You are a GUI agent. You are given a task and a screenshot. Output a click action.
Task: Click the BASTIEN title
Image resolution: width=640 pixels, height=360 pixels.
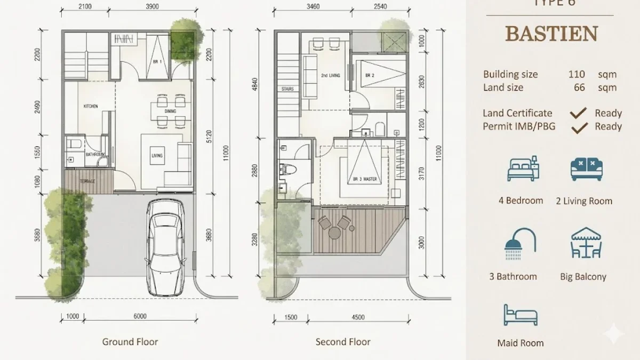coord(551,34)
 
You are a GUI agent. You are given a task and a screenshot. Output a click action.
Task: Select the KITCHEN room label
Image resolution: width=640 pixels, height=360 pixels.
coord(91,107)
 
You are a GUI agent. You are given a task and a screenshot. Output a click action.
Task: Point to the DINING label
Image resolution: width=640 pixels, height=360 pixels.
coord(170,111)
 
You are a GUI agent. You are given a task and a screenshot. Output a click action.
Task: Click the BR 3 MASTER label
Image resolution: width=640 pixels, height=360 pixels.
coord(365,180)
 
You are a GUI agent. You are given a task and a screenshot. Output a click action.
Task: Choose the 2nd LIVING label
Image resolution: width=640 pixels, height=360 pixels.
coord(331,76)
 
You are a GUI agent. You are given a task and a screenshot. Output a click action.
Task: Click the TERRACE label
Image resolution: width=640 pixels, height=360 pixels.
coord(87,181)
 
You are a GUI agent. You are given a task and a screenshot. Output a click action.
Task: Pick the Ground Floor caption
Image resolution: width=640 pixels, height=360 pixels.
coord(130,342)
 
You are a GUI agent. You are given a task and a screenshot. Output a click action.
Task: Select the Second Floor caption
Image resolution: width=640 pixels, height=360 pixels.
coord(343,342)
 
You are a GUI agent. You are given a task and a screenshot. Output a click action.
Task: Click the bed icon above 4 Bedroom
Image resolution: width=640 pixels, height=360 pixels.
coord(523,170)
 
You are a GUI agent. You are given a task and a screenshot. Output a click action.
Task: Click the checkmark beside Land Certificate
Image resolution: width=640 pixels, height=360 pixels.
coord(579,113)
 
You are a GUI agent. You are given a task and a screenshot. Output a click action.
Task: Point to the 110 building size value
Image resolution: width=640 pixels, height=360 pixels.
coord(577,74)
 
